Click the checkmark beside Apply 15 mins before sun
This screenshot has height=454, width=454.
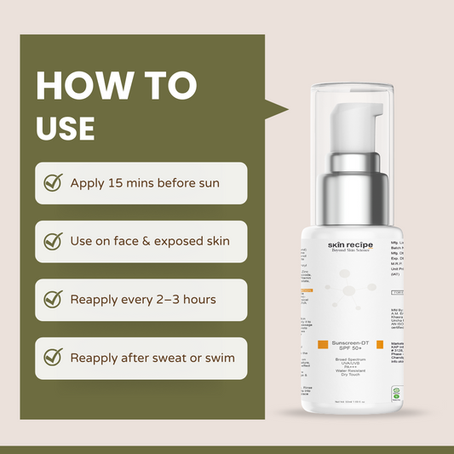tap(53, 183)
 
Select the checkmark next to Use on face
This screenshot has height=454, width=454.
tap(53, 241)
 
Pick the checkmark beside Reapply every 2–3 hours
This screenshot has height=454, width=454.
tap(53, 299)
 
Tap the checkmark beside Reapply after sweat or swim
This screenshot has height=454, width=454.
tap(53, 358)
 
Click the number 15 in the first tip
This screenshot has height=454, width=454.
tap(118, 183)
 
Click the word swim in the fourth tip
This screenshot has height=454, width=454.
tap(218, 358)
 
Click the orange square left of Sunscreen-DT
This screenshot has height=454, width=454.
tap(323, 344)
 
